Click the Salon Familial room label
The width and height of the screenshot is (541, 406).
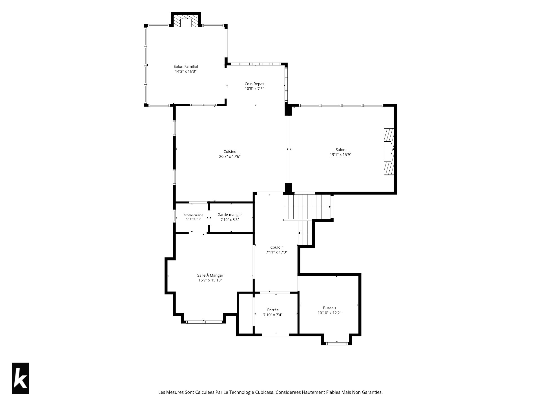186,67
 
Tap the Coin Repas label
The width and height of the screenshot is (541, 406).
254,84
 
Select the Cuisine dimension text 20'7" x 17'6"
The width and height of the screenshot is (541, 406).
230,156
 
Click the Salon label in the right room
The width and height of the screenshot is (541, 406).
341,150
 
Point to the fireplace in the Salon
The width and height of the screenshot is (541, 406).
389,152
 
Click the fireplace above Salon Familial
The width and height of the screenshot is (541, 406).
186,20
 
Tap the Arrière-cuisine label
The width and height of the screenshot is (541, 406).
193,215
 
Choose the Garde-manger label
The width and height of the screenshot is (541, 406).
230,215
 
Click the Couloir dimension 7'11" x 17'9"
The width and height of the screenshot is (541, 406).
277,252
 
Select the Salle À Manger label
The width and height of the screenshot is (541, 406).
210,275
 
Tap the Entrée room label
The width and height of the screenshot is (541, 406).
273,310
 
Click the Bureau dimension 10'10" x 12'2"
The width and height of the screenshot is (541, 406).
329,313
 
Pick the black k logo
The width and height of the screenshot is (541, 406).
21,378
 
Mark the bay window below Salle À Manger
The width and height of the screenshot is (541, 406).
204,322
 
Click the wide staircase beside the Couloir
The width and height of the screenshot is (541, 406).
307,207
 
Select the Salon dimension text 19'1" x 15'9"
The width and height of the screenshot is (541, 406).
341,155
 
